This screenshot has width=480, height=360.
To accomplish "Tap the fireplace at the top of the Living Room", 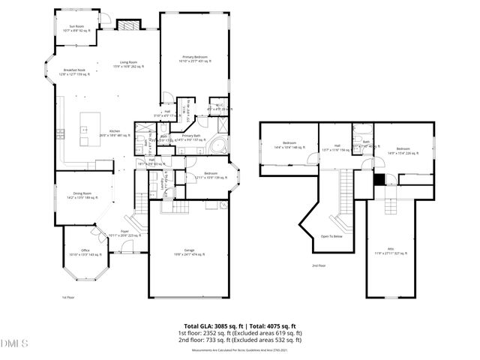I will [129, 25].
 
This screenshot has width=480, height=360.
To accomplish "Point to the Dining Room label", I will [82, 196].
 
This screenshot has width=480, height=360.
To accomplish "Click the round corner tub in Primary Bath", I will [220, 145].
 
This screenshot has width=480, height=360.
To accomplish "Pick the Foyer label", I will [124, 232].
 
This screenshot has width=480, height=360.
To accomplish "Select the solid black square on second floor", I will [379, 179].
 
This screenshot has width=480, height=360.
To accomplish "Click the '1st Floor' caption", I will [68, 297].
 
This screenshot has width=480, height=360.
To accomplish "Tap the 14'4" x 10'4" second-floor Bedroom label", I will [289, 145].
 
